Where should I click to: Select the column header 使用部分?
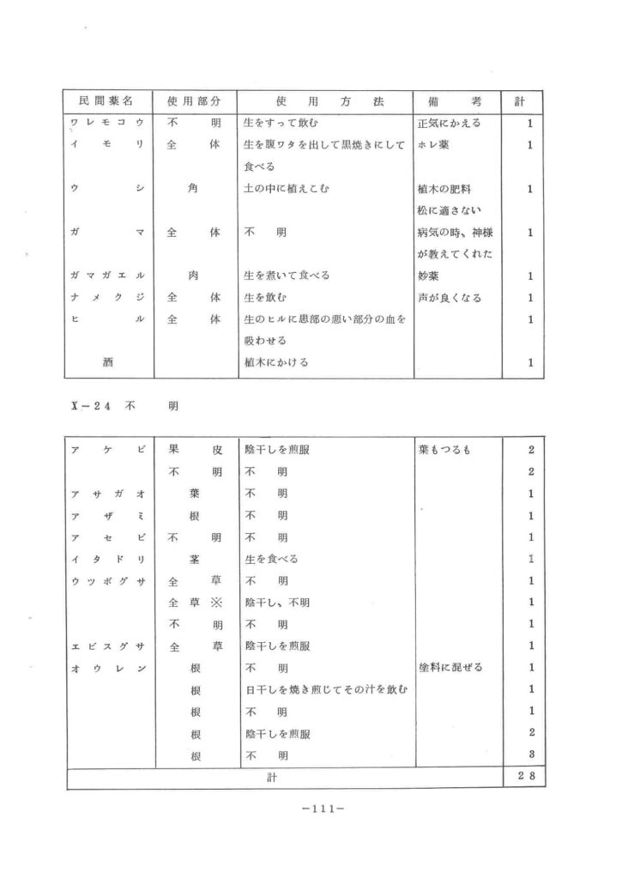click(194, 101)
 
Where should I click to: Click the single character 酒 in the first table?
click(108, 362)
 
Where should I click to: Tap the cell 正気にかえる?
click(449, 124)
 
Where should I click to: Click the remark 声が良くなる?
click(449, 298)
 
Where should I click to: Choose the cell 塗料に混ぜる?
click(449, 668)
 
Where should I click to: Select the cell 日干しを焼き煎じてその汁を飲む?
click(325, 689)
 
